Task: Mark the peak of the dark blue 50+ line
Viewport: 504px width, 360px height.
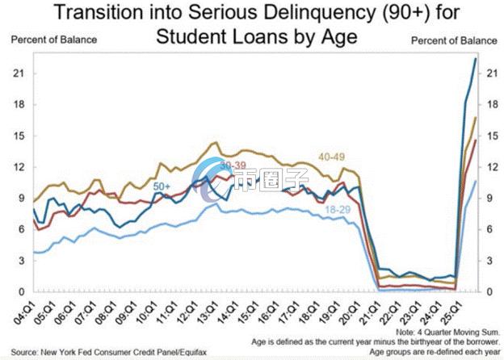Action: pos(475,59)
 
